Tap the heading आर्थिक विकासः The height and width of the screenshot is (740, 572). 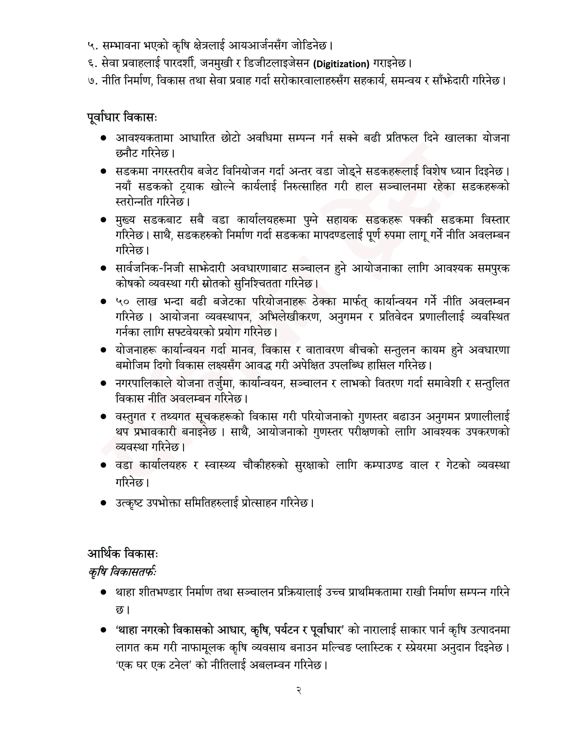(x=123, y=553)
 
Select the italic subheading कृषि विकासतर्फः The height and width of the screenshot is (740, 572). (x=122, y=572)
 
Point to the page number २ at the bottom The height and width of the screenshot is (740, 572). (x=299, y=691)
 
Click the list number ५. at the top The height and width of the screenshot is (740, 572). (x=92, y=45)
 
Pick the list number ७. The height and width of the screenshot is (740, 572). (x=92, y=81)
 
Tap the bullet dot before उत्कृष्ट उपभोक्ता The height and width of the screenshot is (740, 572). (x=104, y=503)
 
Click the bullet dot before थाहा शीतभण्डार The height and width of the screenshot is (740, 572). (x=104, y=593)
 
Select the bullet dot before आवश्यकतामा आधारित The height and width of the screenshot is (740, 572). (x=104, y=138)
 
